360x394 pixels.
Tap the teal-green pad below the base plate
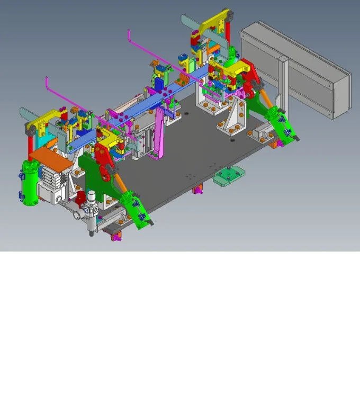229,175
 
